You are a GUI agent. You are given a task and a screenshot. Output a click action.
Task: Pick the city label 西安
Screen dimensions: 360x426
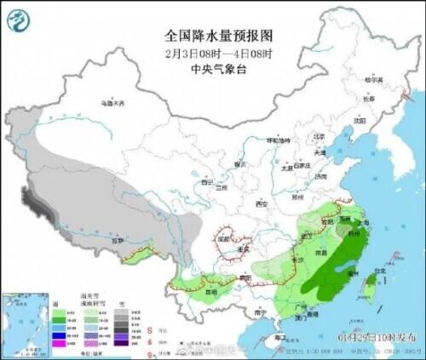point(262,204)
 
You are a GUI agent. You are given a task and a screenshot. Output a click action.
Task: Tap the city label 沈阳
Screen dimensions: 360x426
point(359,121)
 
